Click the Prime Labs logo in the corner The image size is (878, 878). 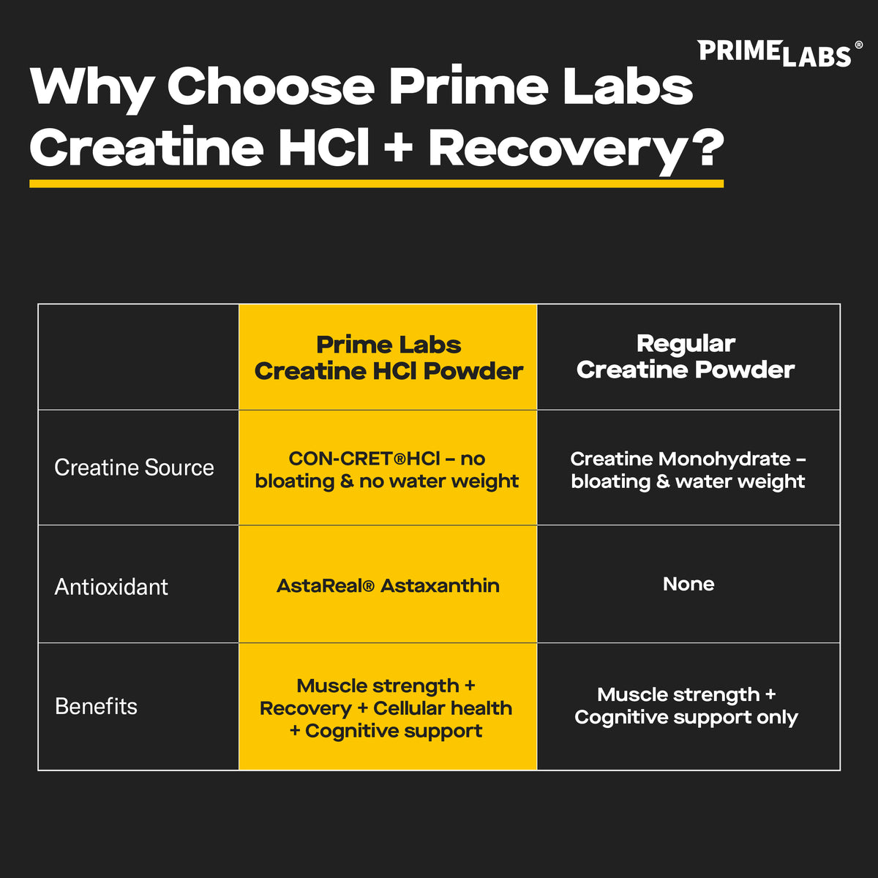(774, 53)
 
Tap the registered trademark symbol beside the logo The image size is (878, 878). (858, 45)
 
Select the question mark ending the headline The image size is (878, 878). (706, 149)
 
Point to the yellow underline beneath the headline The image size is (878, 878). (376, 184)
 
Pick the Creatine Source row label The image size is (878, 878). (134, 468)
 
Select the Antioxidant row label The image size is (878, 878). (111, 587)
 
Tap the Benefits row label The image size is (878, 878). (96, 707)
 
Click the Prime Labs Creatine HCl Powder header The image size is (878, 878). (389, 358)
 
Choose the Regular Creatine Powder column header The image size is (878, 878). (686, 356)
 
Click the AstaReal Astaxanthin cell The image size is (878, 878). (388, 586)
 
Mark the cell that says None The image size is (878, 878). (688, 584)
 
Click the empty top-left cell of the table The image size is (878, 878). (138, 357)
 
